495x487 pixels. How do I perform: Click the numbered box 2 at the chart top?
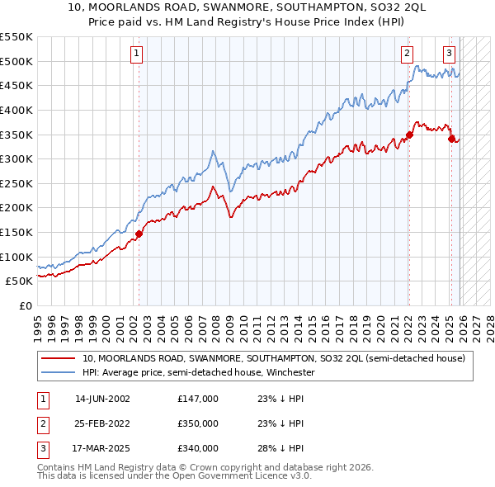[x=408, y=54]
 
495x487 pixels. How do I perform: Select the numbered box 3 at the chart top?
[x=450, y=54]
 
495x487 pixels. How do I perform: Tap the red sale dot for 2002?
[x=139, y=234]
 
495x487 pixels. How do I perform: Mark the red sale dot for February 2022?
[x=409, y=135]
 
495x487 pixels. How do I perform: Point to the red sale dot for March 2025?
[x=452, y=139]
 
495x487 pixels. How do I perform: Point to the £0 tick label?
[x=25, y=305]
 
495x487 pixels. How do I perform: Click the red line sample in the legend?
[x=59, y=358]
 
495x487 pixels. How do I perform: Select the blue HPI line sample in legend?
[x=59, y=372]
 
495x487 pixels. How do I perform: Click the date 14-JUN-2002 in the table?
[x=102, y=399]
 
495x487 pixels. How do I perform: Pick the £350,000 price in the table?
[x=198, y=423]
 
